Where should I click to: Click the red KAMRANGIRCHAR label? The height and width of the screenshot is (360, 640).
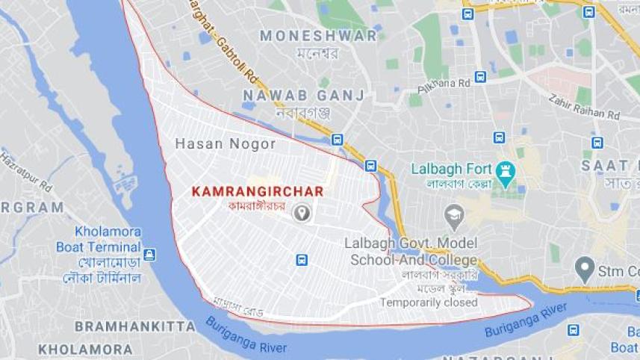pyautogui.click(x=258, y=191)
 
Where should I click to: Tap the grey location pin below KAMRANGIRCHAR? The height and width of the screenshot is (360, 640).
pyautogui.click(x=302, y=214)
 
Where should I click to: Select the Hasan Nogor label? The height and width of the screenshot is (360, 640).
pyautogui.click(x=225, y=144)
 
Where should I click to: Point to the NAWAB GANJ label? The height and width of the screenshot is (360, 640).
pyautogui.click(x=303, y=95)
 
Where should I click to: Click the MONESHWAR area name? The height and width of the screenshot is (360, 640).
pyautogui.click(x=318, y=35)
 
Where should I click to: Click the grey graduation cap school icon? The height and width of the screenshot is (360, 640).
pyautogui.click(x=453, y=217)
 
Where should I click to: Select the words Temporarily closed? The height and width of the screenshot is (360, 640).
pyautogui.click(x=428, y=302)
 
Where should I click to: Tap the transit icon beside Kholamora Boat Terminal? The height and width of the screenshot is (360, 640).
pyautogui.click(x=149, y=254)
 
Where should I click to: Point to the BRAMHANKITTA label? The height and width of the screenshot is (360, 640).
pyautogui.click(x=135, y=326)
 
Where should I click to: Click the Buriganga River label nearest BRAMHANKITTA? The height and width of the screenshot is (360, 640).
pyautogui.click(x=241, y=333)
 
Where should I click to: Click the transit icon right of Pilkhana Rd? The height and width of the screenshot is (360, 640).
pyautogui.click(x=479, y=77)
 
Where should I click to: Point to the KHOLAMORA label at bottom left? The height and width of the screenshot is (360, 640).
pyautogui.click(x=85, y=349)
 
